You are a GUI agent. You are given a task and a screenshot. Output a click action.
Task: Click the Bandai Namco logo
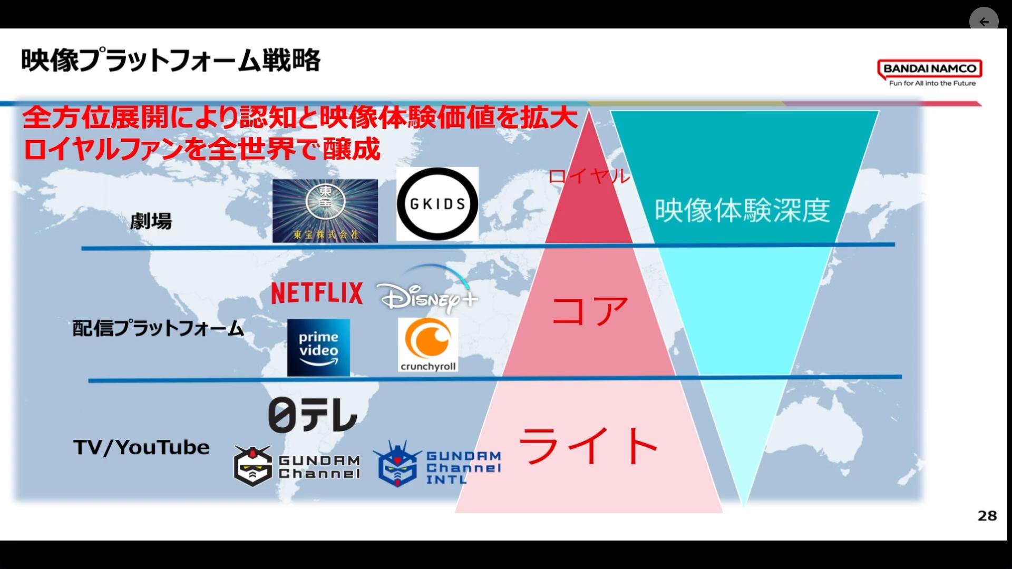tap(930, 73)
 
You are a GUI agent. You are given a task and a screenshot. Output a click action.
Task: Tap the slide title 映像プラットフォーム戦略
tap(171, 60)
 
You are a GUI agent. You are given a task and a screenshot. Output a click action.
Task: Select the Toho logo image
tap(325, 211)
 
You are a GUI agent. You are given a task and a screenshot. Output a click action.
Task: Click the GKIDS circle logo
tap(437, 204)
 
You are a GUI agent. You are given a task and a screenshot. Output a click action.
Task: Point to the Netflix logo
tap(317, 293)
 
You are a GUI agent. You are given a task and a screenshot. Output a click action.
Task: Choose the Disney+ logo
tap(428, 289)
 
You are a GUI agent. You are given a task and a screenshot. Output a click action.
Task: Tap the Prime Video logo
tap(318, 347)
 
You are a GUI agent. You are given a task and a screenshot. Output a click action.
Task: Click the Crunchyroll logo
tap(428, 345)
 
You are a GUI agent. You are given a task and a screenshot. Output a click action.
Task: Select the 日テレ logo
tap(313, 416)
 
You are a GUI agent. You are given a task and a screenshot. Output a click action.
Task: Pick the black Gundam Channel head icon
tap(253, 466)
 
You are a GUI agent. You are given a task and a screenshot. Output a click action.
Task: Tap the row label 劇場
tap(151, 221)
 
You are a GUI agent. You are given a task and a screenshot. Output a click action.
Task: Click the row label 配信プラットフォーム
tap(158, 328)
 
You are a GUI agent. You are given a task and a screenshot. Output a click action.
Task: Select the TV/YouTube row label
tap(141, 447)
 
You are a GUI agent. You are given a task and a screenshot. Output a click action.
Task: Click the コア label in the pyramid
tap(590, 310)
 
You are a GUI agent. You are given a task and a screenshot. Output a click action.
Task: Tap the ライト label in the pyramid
tap(589, 446)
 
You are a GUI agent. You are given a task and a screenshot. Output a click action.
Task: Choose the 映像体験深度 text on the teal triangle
tap(743, 210)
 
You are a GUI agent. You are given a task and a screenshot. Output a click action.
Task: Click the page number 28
tap(987, 516)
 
